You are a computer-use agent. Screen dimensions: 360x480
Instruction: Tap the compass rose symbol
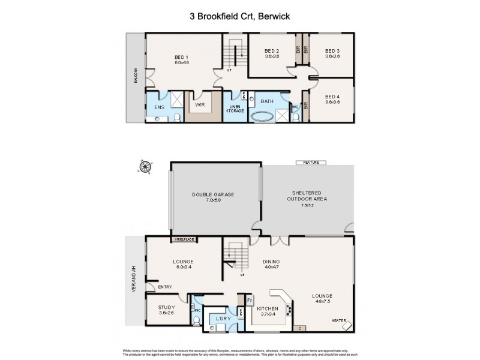(145, 166)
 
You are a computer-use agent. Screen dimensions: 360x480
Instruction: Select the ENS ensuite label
(159, 107)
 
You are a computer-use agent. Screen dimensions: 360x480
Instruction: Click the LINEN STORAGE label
(233, 109)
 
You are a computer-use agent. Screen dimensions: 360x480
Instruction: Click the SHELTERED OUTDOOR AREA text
(307, 196)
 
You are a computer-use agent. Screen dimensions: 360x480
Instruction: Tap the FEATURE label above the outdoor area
(311, 162)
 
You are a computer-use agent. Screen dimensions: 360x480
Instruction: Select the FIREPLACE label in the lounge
(185, 239)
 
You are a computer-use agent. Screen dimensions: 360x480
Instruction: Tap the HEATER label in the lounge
(340, 320)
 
